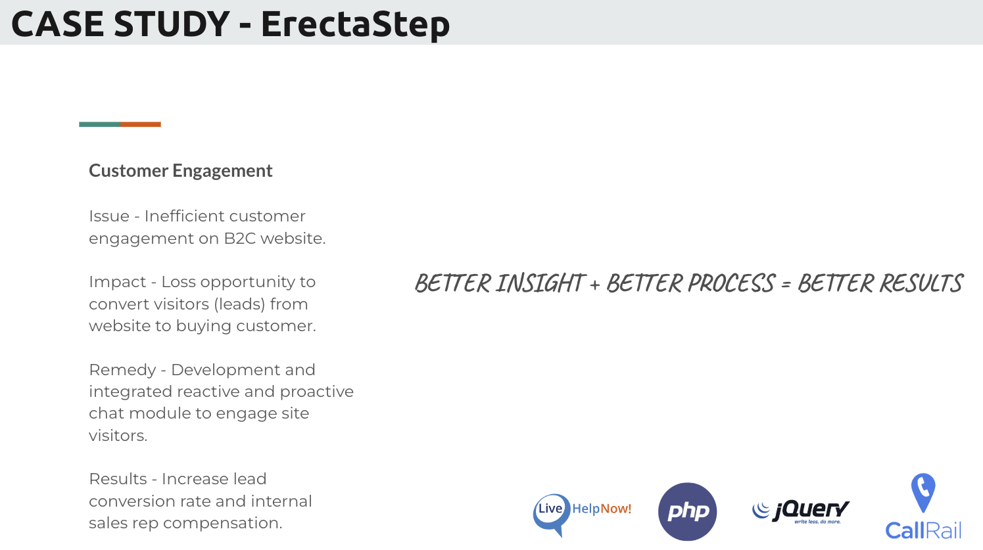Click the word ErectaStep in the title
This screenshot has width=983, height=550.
[356, 25]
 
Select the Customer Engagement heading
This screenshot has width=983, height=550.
[180, 171]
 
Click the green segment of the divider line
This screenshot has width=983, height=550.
[100, 125]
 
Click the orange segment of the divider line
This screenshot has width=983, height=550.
[141, 125]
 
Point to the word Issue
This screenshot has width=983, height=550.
[109, 216]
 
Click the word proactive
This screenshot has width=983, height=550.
[316, 392]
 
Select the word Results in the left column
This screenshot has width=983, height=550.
[118, 479]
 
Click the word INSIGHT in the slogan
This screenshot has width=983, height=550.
[540, 283]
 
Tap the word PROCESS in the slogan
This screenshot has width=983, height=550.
[731, 283]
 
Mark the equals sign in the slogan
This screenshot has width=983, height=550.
[786, 285]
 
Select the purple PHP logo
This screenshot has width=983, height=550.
[687, 511]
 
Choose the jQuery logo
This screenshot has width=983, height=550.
[801, 511]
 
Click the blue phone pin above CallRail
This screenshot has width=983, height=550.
[923, 492]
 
